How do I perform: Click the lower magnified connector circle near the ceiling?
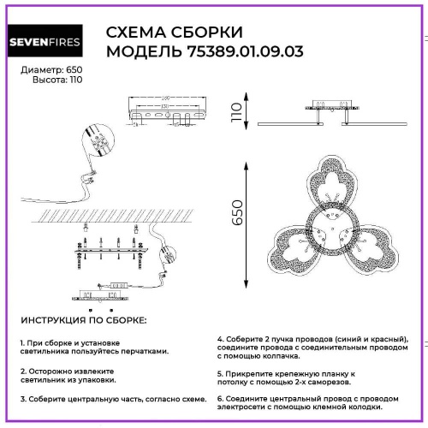coord(165,254)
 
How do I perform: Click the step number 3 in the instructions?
coord(22,400)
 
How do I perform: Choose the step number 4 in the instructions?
coord(220,338)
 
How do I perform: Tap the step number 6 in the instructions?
coord(220,400)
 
